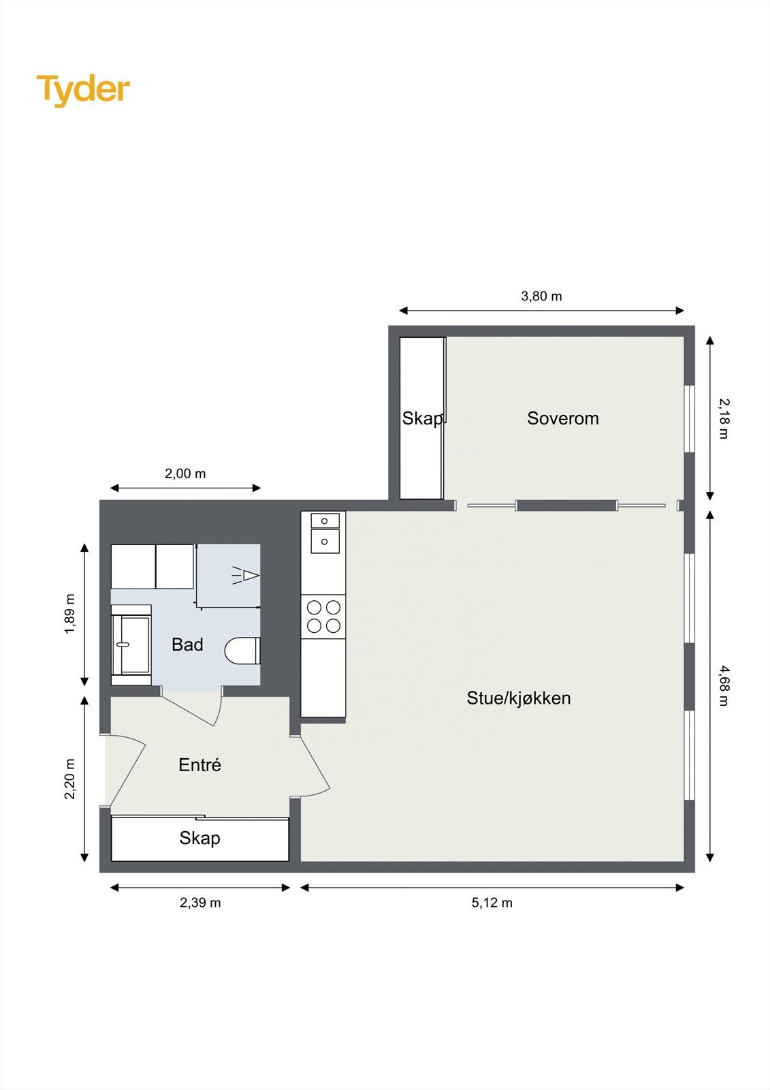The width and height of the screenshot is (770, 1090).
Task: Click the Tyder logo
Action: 83,90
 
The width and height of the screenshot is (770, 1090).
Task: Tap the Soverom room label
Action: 562,418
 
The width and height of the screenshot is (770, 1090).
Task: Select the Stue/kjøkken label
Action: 518,698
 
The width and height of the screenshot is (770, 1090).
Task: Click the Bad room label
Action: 187,644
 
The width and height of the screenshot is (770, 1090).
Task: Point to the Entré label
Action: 199,765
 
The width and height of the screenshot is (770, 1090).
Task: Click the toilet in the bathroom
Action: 242,651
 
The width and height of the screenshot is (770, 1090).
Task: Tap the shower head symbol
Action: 246,576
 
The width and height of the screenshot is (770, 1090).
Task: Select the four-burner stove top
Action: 323,616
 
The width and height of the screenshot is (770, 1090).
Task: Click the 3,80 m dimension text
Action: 541,296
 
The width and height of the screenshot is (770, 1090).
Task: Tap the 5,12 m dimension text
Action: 492,903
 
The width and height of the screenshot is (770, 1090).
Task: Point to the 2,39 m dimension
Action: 200,903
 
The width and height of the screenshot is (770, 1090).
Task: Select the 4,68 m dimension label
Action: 723,685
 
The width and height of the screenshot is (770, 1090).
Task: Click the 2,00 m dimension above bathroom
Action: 185,473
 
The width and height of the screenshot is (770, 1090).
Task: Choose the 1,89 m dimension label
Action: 70,614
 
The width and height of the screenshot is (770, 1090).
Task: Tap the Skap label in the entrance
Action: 199,838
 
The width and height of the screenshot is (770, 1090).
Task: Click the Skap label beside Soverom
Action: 421,418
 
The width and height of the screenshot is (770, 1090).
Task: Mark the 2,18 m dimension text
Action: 723,418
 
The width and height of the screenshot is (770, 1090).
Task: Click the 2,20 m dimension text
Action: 70,779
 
